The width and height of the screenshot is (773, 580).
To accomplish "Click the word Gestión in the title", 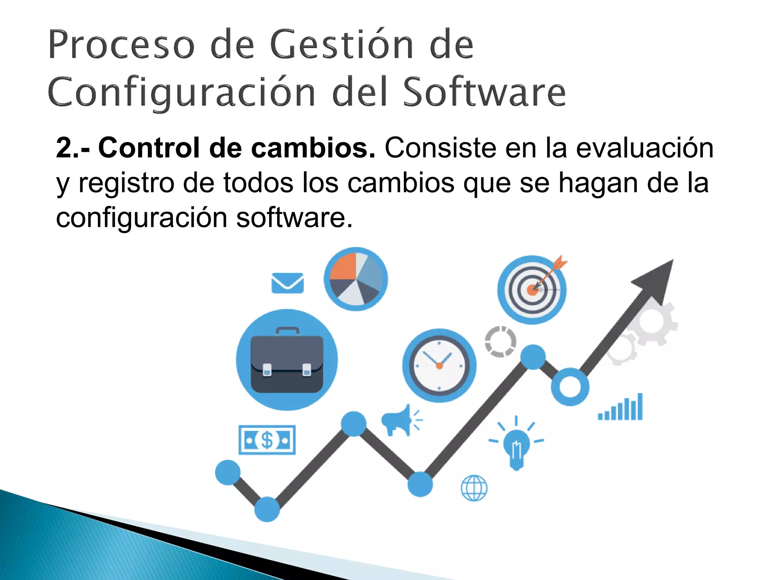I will (342, 45).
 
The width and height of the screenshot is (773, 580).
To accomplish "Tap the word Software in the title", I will (484, 93).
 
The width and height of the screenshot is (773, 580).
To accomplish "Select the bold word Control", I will (148, 148).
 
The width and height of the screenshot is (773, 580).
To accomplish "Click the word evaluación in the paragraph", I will (644, 148).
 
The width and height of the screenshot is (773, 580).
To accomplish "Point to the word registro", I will (126, 183).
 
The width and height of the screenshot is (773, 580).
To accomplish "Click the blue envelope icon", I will (288, 283).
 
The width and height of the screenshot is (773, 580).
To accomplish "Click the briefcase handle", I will (288, 331).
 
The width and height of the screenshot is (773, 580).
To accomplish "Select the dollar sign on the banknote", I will (267, 440).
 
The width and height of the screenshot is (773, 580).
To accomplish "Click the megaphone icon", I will (397, 420).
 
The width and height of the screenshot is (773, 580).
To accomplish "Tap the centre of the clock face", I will (439, 366).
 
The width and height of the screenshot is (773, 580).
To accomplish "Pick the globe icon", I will (474, 488).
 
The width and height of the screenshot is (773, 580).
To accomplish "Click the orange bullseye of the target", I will (532, 290).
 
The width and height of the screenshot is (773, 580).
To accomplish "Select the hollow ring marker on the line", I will (570, 387).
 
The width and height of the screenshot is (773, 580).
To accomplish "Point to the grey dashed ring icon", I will (500, 342).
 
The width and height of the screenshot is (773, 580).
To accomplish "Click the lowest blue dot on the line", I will (267, 509).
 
